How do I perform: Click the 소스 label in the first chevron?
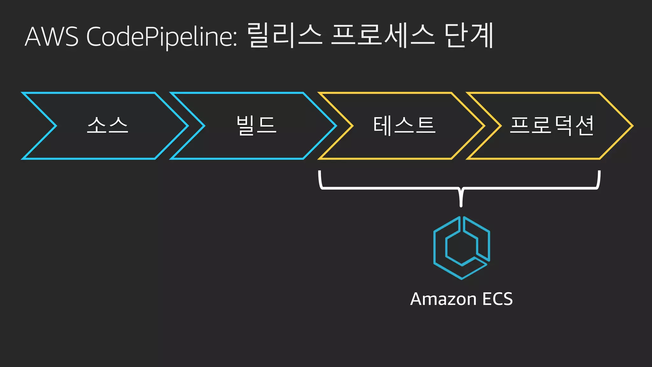point(108,125)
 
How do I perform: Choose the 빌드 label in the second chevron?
point(256,125)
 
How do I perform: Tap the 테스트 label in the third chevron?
point(404,125)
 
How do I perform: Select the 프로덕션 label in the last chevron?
point(552,125)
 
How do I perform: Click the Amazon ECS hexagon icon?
point(461,248)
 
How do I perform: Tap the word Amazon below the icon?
point(443,299)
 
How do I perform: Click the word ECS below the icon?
point(497,299)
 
